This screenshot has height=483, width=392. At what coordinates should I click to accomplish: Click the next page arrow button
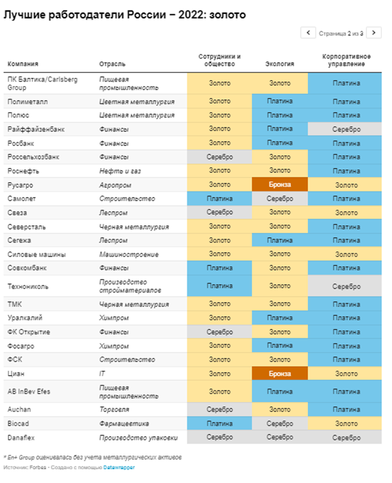tap(373, 32)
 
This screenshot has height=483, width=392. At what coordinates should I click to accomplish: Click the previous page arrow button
tap(308, 32)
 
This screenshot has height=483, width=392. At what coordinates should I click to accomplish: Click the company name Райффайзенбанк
tap(32, 129)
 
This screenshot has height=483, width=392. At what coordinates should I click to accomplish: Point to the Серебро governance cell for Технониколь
tap(346, 286)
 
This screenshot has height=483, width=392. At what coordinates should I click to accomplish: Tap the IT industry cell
tap(102, 373)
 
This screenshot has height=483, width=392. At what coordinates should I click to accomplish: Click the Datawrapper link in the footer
tap(119, 467)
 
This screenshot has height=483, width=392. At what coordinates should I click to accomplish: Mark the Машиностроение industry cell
tap(129, 255)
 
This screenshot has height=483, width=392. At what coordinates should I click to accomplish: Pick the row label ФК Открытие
tap(29, 331)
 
